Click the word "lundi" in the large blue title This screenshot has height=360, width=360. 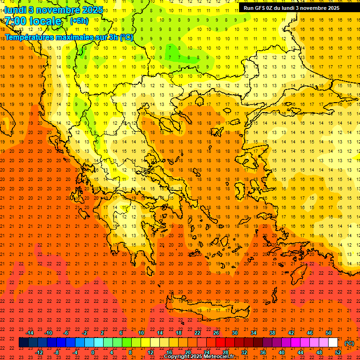pyautogui.click(x=15, y=10)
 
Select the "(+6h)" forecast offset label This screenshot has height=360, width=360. pyautogui.click(x=79, y=21)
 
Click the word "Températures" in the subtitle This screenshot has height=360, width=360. pyautogui.click(x=32, y=37)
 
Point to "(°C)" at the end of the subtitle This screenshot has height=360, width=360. pyautogui.click(x=126, y=37)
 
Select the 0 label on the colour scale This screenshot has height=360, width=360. pyautogui.click(x=93, y=352)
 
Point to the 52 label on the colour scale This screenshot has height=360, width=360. pyautogui.click(x=338, y=352)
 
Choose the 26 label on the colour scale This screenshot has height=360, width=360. pyautogui.click(x=216, y=333)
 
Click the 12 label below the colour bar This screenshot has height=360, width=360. pyautogui.click(x=150, y=352)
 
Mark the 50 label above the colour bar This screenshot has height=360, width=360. pyautogui.click(x=329, y=333)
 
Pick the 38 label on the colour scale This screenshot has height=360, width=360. pyautogui.click(x=272, y=333)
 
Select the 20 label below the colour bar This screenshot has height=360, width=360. pyautogui.click(x=188, y=352)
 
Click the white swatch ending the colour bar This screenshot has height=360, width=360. pyautogui.click(x=333, y=343)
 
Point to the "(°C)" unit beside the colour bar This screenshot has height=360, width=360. pyautogui.click(x=349, y=343)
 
